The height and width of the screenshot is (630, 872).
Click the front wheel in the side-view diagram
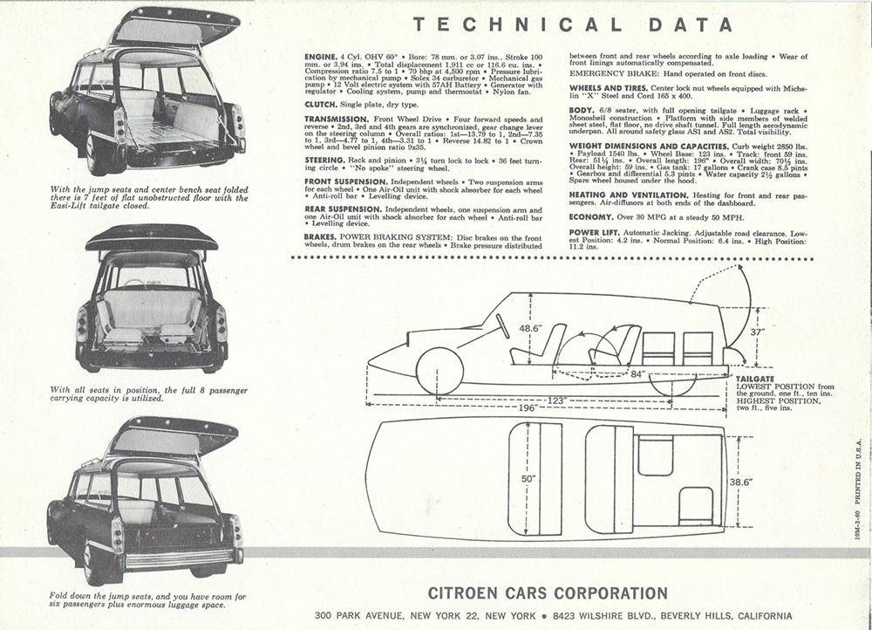pyautogui.click(x=439, y=370)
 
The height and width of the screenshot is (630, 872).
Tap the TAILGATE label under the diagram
pyautogui.click(x=755, y=379)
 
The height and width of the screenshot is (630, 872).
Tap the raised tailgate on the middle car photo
pyautogui.click(x=151, y=237)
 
